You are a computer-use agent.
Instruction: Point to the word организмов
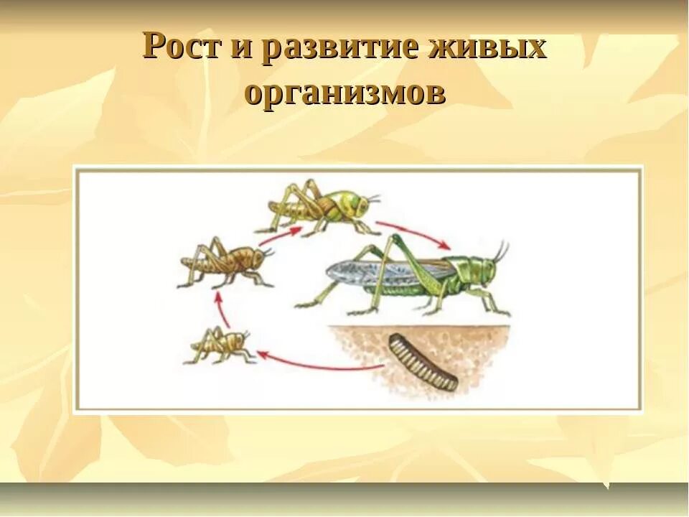coord(344,93)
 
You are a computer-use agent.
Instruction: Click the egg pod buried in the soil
coord(423,363)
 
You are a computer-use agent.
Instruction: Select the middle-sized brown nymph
coord(226,262)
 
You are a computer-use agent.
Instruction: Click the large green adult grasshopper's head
coord(482,271)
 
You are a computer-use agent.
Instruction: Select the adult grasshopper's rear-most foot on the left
coord(301,305)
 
